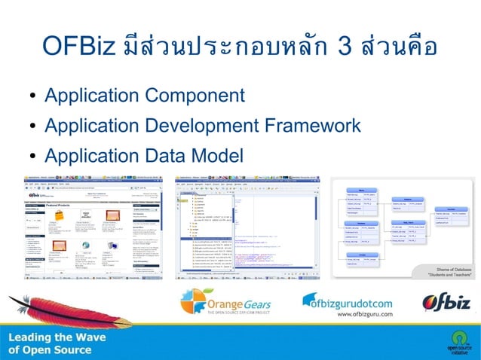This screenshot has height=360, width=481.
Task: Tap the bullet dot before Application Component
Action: coord(33,97)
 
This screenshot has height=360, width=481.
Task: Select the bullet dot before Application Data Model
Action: coord(33,157)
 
